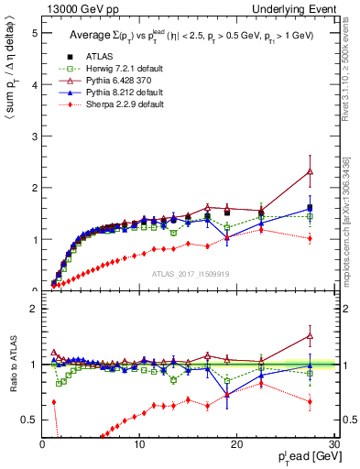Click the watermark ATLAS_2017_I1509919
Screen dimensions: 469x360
coord(188,273)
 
